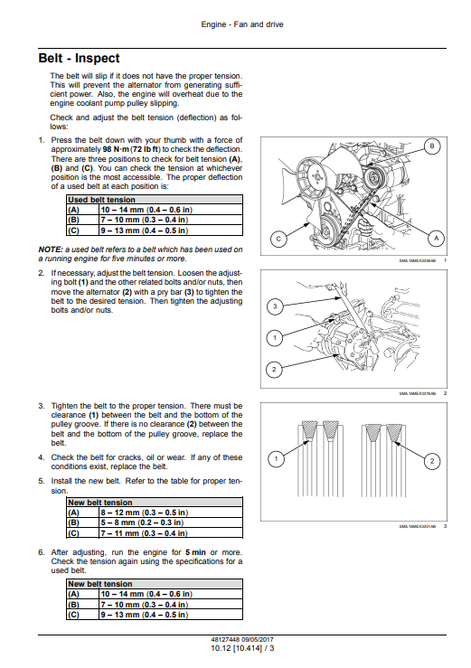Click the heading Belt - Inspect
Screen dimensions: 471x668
[79, 58]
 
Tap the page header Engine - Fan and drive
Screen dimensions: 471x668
[242, 24]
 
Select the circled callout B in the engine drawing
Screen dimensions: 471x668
[432, 146]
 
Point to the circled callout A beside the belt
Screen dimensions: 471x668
[436, 238]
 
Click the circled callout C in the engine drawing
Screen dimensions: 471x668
[278, 239]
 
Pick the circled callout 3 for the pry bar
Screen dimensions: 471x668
[275, 306]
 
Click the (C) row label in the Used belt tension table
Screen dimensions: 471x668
[73, 231]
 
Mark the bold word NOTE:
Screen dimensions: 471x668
[51, 249]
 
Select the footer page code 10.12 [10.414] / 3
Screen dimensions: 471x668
[242, 648]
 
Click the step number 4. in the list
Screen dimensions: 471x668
[42, 457]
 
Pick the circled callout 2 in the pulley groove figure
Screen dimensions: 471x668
[432, 460]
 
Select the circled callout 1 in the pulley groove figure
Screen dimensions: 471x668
[276, 459]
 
